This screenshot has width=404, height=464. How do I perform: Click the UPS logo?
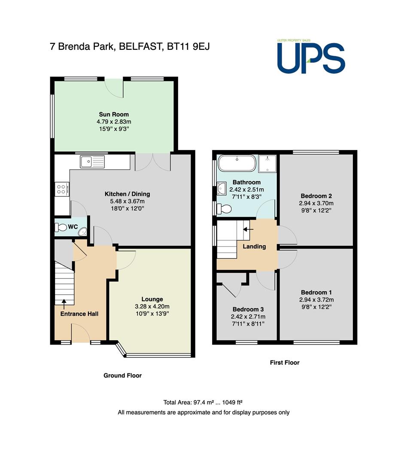click(x=311, y=57)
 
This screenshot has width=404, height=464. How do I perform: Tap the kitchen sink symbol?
click(x=92, y=162)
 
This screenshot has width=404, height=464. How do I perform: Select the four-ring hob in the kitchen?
click(x=62, y=189)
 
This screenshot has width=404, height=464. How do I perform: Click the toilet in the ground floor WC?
click(x=61, y=228)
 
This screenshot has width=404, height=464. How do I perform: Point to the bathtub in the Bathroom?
click(x=237, y=163)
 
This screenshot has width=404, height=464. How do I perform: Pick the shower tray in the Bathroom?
click(x=267, y=164)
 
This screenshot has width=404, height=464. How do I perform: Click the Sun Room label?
click(x=114, y=114)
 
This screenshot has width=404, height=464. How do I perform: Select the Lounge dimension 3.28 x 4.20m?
click(x=152, y=307)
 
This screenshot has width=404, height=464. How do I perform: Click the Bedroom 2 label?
click(x=316, y=196)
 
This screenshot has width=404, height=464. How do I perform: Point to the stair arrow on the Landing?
click(x=248, y=229)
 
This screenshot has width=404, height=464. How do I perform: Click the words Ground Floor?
click(x=122, y=375)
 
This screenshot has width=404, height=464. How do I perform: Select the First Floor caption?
click(x=285, y=363)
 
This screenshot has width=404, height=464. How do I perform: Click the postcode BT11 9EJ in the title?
click(x=188, y=46)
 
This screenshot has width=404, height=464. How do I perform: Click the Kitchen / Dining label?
click(x=127, y=194)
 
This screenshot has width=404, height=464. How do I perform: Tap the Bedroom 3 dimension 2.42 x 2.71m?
click(x=248, y=317)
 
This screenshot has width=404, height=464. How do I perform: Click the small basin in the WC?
click(x=82, y=232)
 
